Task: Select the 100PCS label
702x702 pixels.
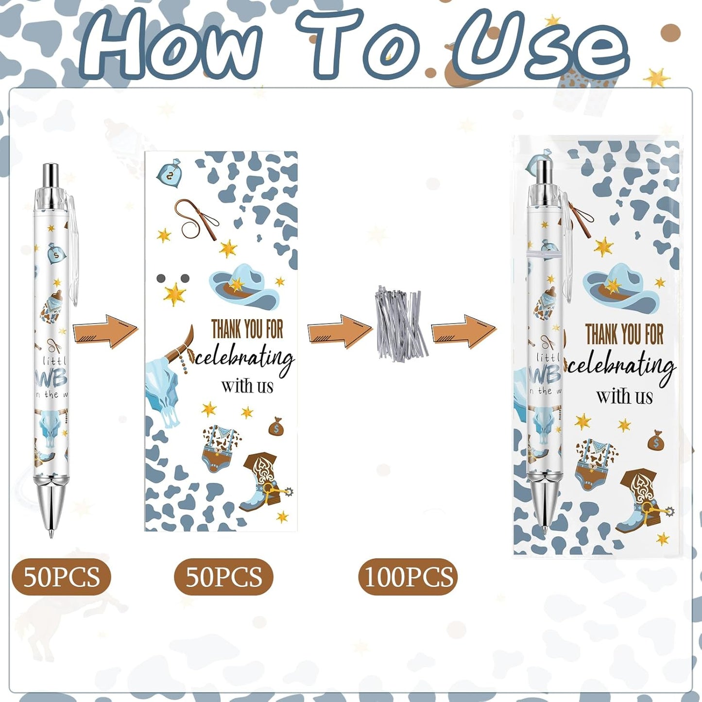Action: point(408,577)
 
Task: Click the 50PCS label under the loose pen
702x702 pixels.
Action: point(61,577)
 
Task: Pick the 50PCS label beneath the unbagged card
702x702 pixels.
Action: point(223,577)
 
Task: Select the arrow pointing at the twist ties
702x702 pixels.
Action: point(340,331)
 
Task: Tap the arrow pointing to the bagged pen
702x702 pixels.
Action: point(464,331)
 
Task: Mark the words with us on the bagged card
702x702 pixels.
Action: point(624,396)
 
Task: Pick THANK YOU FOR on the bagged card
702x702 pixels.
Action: point(624,334)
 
